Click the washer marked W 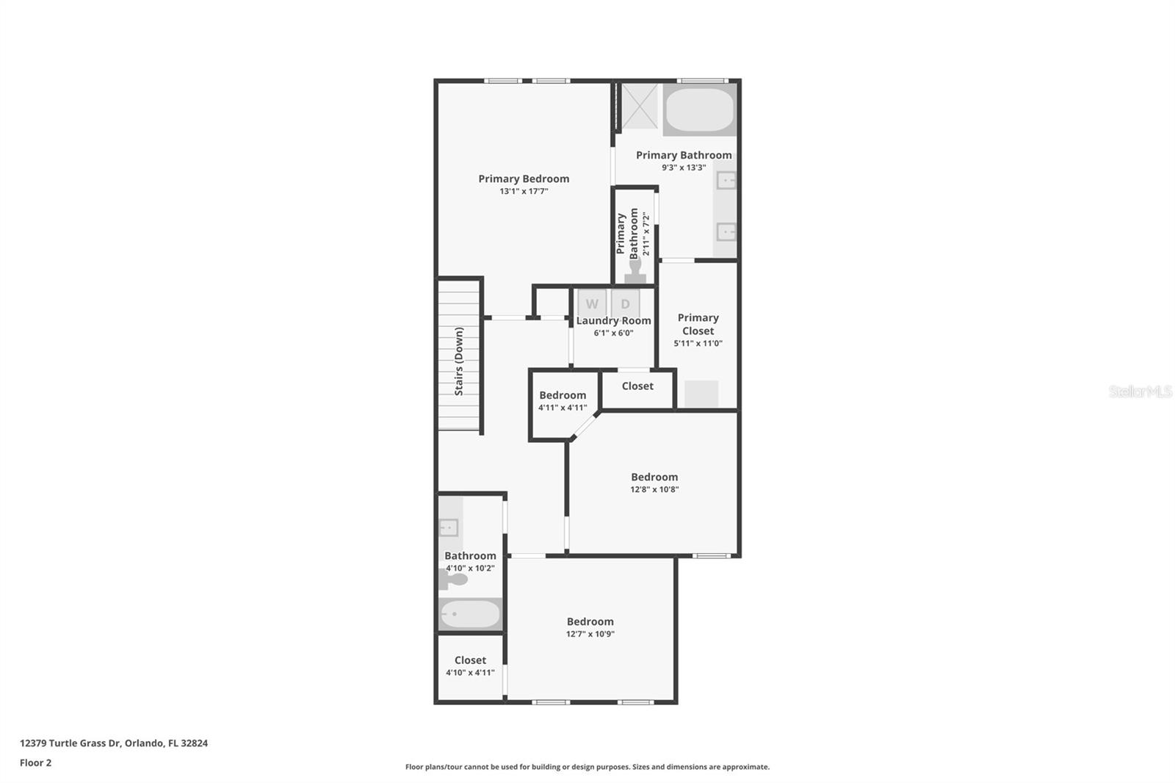tap(592, 303)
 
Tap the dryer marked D tap(625, 303)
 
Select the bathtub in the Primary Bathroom tap(699, 110)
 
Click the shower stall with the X tap(640, 107)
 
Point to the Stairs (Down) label tap(459, 361)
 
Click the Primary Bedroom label tap(524, 178)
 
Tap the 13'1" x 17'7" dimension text tap(524, 192)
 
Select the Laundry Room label tap(613, 321)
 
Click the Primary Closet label tap(698, 324)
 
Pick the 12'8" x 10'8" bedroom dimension tap(654, 489)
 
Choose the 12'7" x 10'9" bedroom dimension tap(590, 634)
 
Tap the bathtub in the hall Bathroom tap(470, 614)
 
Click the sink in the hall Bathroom tap(449, 527)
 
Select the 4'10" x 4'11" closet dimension tap(470, 673)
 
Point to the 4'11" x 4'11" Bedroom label tap(563, 395)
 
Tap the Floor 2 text tap(35, 762)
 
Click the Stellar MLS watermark tap(1140, 391)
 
